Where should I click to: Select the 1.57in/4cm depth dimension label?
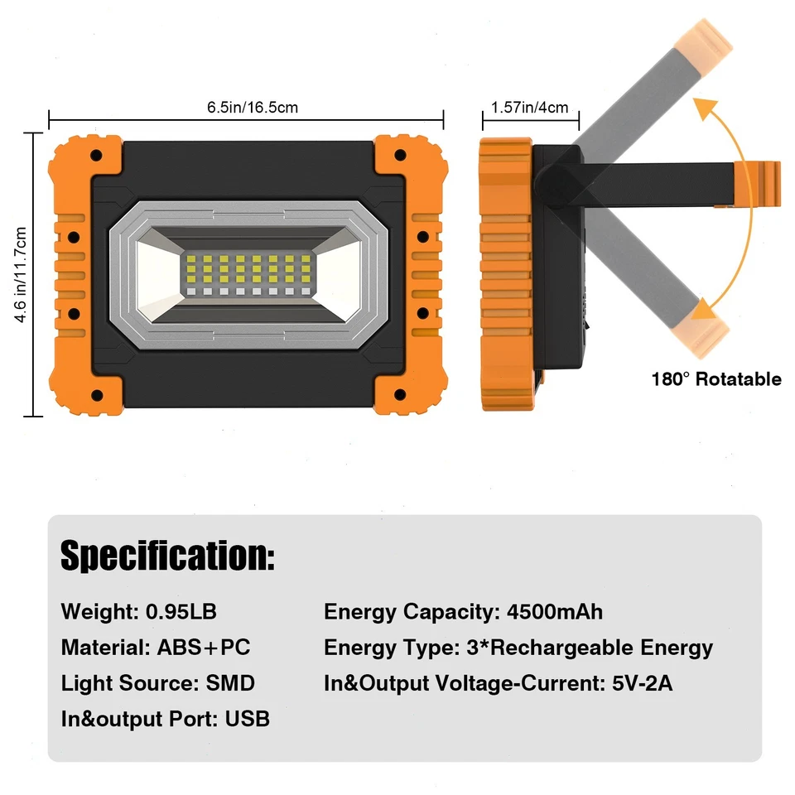point(530,107)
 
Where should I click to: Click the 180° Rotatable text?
point(716,379)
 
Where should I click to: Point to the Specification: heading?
point(167,555)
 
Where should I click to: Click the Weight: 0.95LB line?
point(138,612)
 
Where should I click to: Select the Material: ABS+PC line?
point(156,647)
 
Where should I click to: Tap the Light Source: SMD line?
point(157,683)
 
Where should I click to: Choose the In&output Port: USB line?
point(166,718)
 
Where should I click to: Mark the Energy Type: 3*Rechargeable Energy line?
point(518,647)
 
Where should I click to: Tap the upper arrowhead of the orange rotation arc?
point(705,108)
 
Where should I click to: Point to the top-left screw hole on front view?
point(97,155)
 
